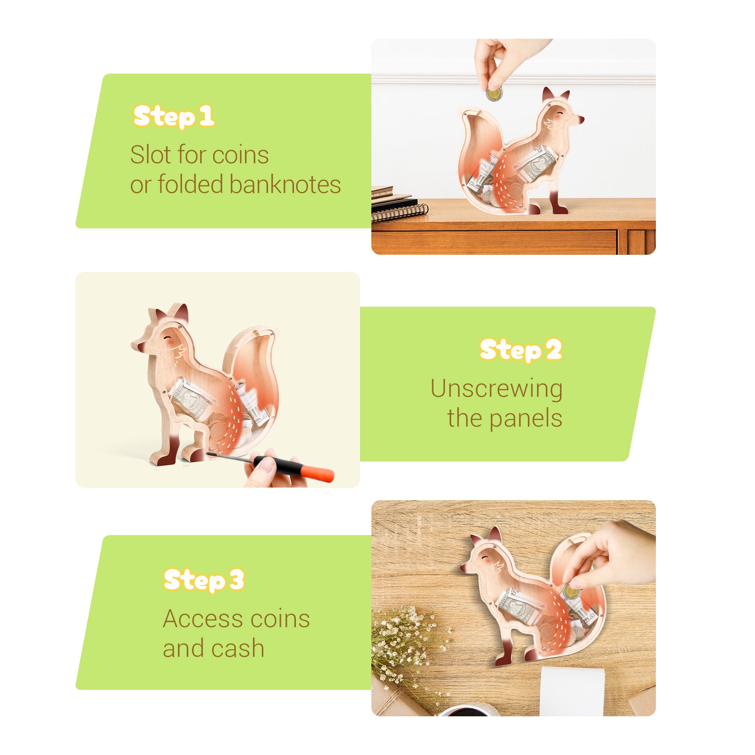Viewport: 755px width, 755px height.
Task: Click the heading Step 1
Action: tap(174, 117)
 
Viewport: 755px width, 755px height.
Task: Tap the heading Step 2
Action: tap(520, 350)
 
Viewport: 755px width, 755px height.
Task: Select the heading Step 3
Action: tap(204, 580)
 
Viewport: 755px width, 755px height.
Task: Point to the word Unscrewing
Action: tap(496, 389)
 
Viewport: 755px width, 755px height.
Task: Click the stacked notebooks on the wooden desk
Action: tap(396, 205)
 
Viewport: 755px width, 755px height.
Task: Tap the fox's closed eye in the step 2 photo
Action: tap(168, 338)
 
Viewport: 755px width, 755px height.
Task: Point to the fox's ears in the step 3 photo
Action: tap(486, 538)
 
